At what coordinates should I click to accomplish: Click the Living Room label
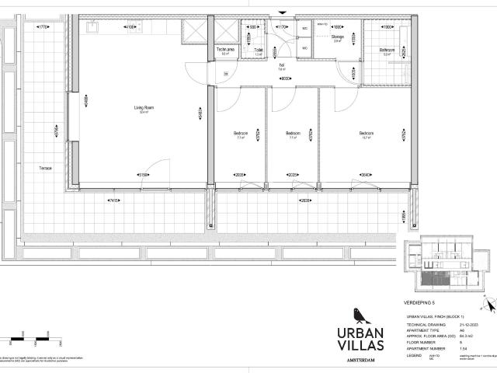pyautogui.click(x=144, y=108)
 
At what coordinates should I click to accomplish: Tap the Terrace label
pyautogui.click(x=46, y=168)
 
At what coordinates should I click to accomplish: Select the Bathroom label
pyautogui.click(x=388, y=50)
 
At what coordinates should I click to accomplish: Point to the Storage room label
pyautogui.click(x=338, y=37)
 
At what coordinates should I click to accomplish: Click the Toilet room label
pyautogui.click(x=258, y=49)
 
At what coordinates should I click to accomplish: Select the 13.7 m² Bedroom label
pyautogui.click(x=366, y=134)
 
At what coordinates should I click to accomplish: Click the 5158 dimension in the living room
pyautogui.click(x=144, y=174)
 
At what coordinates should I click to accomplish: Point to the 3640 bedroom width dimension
pyautogui.click(x=365, y=174)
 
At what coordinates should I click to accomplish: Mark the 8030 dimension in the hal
pyautogui.click(x=285, y=78)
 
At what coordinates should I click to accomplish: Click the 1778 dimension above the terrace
pyautogui.click(x=43, y=27)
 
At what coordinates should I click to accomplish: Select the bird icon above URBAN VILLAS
pyautogui.click(x=358, y=315)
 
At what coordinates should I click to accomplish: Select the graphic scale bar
pyautogui.click(x=23, y=339)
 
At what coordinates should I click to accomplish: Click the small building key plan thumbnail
pyautogui.click(x=440, y=263)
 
